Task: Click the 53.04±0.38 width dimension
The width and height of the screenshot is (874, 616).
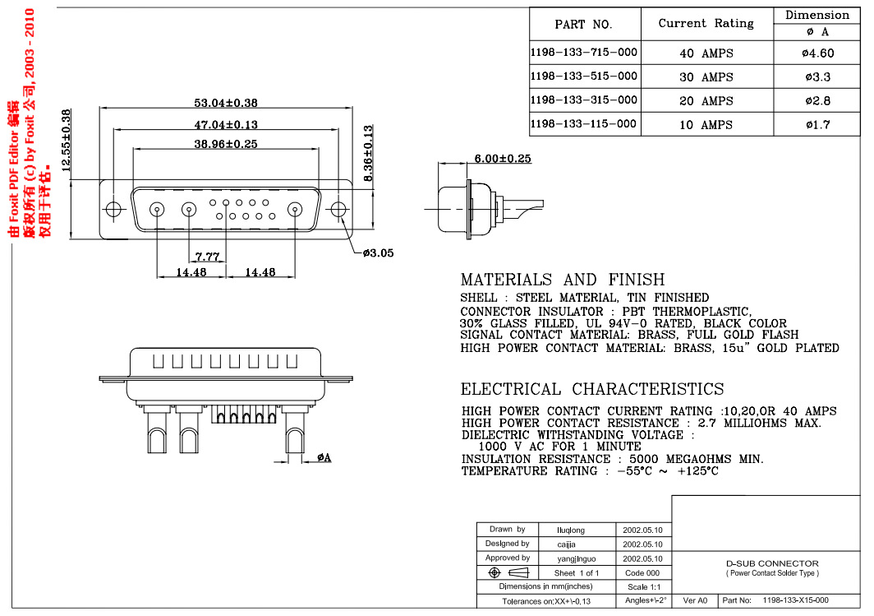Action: point(226,103)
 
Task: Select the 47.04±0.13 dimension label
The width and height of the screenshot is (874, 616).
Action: point(226,125)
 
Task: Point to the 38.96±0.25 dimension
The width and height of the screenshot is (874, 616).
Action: point(226,144)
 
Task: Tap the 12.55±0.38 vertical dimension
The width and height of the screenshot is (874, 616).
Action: point(67,139)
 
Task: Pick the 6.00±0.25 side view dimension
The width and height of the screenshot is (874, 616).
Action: point(502,158)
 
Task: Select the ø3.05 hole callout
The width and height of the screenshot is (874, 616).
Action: point(378,253)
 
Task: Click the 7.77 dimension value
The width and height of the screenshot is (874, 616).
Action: point(207,257)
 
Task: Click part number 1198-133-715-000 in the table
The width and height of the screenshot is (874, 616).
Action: point(584,53)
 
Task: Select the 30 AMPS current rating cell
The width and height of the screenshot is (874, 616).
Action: point(706,77)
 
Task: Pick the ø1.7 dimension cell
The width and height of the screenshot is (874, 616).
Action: point(816,125)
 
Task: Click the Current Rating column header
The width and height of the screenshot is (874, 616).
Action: point(706,23)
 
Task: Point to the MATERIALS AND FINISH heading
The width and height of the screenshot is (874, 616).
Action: point(563,280)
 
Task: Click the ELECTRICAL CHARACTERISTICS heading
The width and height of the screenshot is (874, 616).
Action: point(592,389)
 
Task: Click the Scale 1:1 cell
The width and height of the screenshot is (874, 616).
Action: point(643,587)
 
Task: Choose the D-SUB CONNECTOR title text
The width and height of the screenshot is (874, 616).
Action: point(772,563)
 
